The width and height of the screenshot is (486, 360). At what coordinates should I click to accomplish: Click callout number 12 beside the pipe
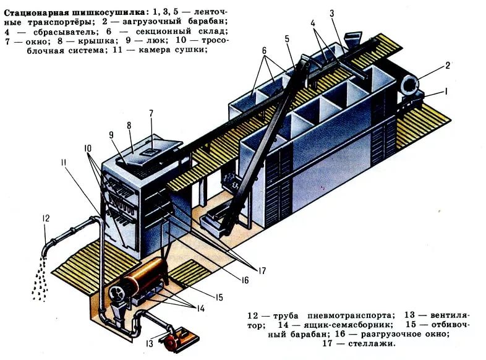point(46,218)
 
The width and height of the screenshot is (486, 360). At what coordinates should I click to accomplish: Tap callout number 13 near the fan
point(150,343)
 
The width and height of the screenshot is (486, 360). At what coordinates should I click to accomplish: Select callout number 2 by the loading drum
point(448,65)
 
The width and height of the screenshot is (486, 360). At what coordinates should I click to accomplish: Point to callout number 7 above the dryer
point(151,113)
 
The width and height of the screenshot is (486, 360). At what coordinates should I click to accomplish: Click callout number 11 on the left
point(64,162)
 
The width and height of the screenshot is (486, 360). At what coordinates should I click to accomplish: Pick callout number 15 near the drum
point(219,298)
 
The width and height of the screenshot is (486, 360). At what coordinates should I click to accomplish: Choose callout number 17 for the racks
point(262,271)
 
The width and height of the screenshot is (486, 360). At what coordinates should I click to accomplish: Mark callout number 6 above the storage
point(264,50)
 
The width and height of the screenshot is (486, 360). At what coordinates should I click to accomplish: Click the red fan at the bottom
point(171,341)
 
